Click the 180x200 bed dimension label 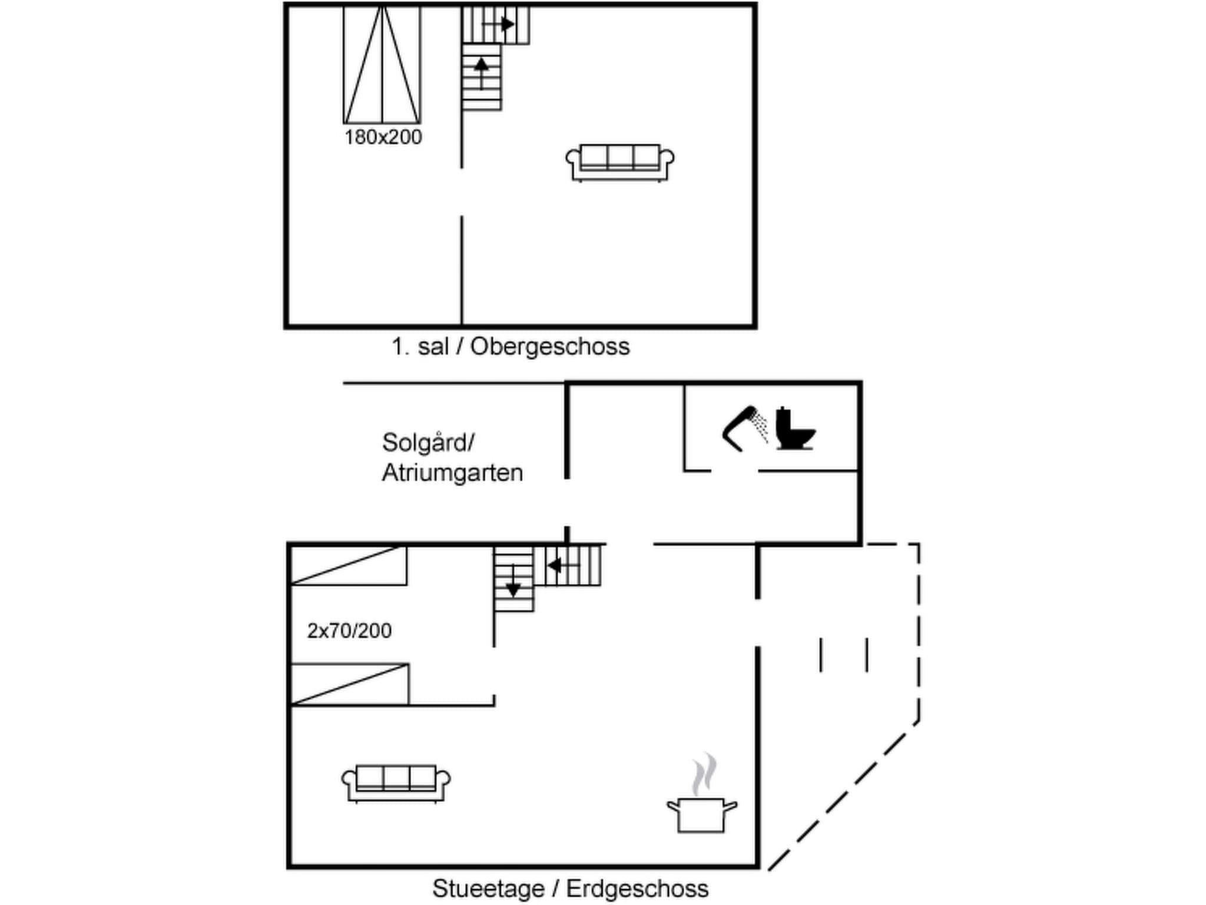[383, 137]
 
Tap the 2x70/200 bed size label [349, 631]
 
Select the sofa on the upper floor [619, 162]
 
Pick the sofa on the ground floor [396, 783]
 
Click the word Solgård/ [428, 443]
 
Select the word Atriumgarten [452, 473]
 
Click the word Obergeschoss [550, 346]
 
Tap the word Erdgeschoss [637, 889]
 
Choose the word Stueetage [488, 889]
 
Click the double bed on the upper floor [382, 65]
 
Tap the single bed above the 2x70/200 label [349, 566]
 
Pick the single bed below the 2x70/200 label [350, 684]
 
